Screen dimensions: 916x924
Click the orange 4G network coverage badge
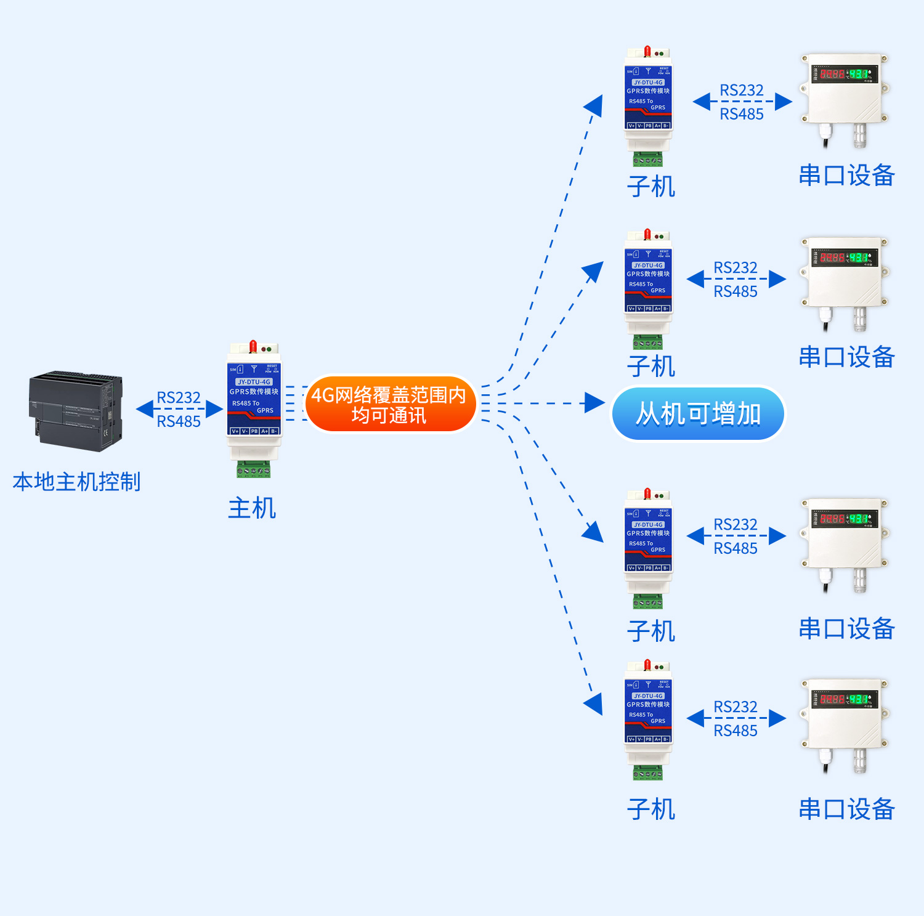(x=389, y=404)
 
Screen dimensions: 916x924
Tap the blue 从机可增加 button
(x=698, y=414)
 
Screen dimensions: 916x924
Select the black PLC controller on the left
(x=75, y=411)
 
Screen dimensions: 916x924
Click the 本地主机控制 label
(x=76, y=482)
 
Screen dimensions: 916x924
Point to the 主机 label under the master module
(x=252, y=508)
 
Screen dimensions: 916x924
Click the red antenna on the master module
(x=253, y=346)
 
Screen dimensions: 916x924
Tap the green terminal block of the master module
(x=253, y=469)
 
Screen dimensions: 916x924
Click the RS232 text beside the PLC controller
(x=179, y=397)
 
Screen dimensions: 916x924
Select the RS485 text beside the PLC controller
(x=179, y=421)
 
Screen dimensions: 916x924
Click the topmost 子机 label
(x=651, y=187)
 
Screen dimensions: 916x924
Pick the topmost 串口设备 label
(x=846, y=176)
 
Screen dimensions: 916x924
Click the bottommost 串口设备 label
(x=846, y=809)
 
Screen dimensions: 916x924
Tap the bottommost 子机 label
(x=651, y=809)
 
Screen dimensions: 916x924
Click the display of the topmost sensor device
(x=843, y=74)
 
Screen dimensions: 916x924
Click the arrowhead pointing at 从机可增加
(x=594, y=403)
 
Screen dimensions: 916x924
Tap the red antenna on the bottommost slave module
(x=647, y=665)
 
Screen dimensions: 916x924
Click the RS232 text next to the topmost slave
(x=742, y=91)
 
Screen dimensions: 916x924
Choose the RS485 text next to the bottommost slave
(x=736, y=731)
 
